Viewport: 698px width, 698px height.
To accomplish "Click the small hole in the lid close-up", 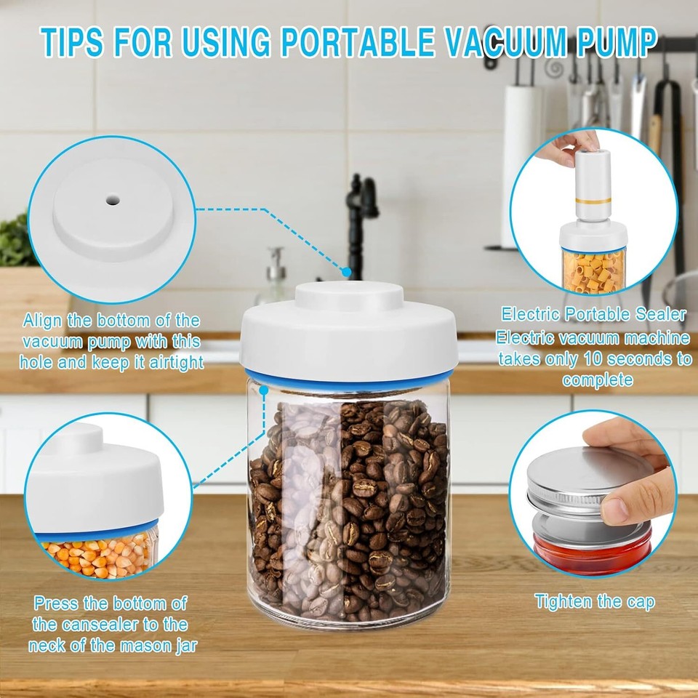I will tap(114, 198).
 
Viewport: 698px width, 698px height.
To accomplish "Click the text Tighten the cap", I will tap(594, 602).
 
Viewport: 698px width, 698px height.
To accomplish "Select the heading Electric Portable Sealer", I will tap(593, 314).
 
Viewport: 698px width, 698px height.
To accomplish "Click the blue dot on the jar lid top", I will tap(348, 272).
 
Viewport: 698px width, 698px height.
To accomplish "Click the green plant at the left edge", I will tap(15, 240).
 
